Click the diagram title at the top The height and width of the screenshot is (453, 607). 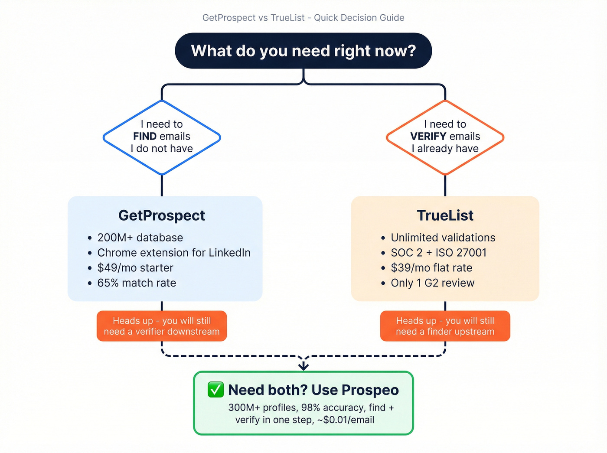tap(303, 18)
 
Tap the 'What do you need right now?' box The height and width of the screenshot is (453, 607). tap(303, 51)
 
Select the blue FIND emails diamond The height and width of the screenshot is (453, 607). tap(162, 137)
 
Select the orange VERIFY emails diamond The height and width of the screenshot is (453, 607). tap(445, 137)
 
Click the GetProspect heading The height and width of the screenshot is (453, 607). tap(162, 215)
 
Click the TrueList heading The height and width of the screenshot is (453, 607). tap(445, 215)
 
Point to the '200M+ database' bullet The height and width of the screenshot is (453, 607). tap(140, 238)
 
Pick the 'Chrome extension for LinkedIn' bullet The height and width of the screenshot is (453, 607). tap(174, 253)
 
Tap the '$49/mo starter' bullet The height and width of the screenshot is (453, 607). tap(135, 268)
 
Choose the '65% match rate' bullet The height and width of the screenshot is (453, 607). tap(137, 283)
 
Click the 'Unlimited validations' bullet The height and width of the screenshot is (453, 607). tap(443, 238)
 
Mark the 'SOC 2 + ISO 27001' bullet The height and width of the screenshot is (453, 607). tap(438, 253)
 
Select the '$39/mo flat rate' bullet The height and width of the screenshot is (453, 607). tap(431, 268)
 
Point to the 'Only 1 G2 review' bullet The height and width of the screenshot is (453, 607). tap(432, 283)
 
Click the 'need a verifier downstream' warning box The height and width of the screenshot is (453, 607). tap(162, 326)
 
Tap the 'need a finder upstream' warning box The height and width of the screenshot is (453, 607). tap(445, 326)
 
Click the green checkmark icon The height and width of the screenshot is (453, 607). tap(215, 390)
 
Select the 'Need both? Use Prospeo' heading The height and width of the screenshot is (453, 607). tap(313, 390)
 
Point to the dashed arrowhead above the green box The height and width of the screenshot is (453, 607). tap(303, 366)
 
